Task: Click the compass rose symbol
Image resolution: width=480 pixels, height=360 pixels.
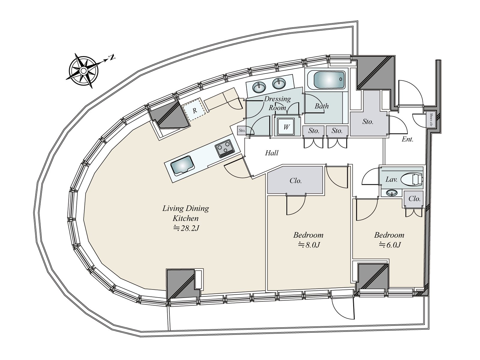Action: (84, 71)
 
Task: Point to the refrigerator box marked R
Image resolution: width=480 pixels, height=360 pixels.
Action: (194, 110)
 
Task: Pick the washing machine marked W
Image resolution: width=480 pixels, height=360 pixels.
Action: (286, 127)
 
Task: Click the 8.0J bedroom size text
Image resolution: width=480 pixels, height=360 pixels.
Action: (309, 245)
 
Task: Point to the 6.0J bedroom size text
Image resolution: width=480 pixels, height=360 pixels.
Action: (390, 245)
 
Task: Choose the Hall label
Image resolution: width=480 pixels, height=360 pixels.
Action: (271, 153)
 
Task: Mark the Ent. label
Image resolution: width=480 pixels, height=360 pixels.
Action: (408, 139)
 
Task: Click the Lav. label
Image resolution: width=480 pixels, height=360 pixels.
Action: (391, 180)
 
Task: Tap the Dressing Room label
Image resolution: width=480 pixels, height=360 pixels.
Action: (277, 103)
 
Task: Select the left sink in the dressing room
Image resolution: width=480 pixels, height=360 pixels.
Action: (259, 87)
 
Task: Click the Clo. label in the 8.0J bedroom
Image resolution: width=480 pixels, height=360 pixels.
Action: (295, 181)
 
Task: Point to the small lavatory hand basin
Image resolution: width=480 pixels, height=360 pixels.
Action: (391, 192)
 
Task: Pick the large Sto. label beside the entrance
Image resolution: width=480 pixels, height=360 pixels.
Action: (368, 122)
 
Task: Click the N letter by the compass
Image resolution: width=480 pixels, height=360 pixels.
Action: (112, 57)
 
